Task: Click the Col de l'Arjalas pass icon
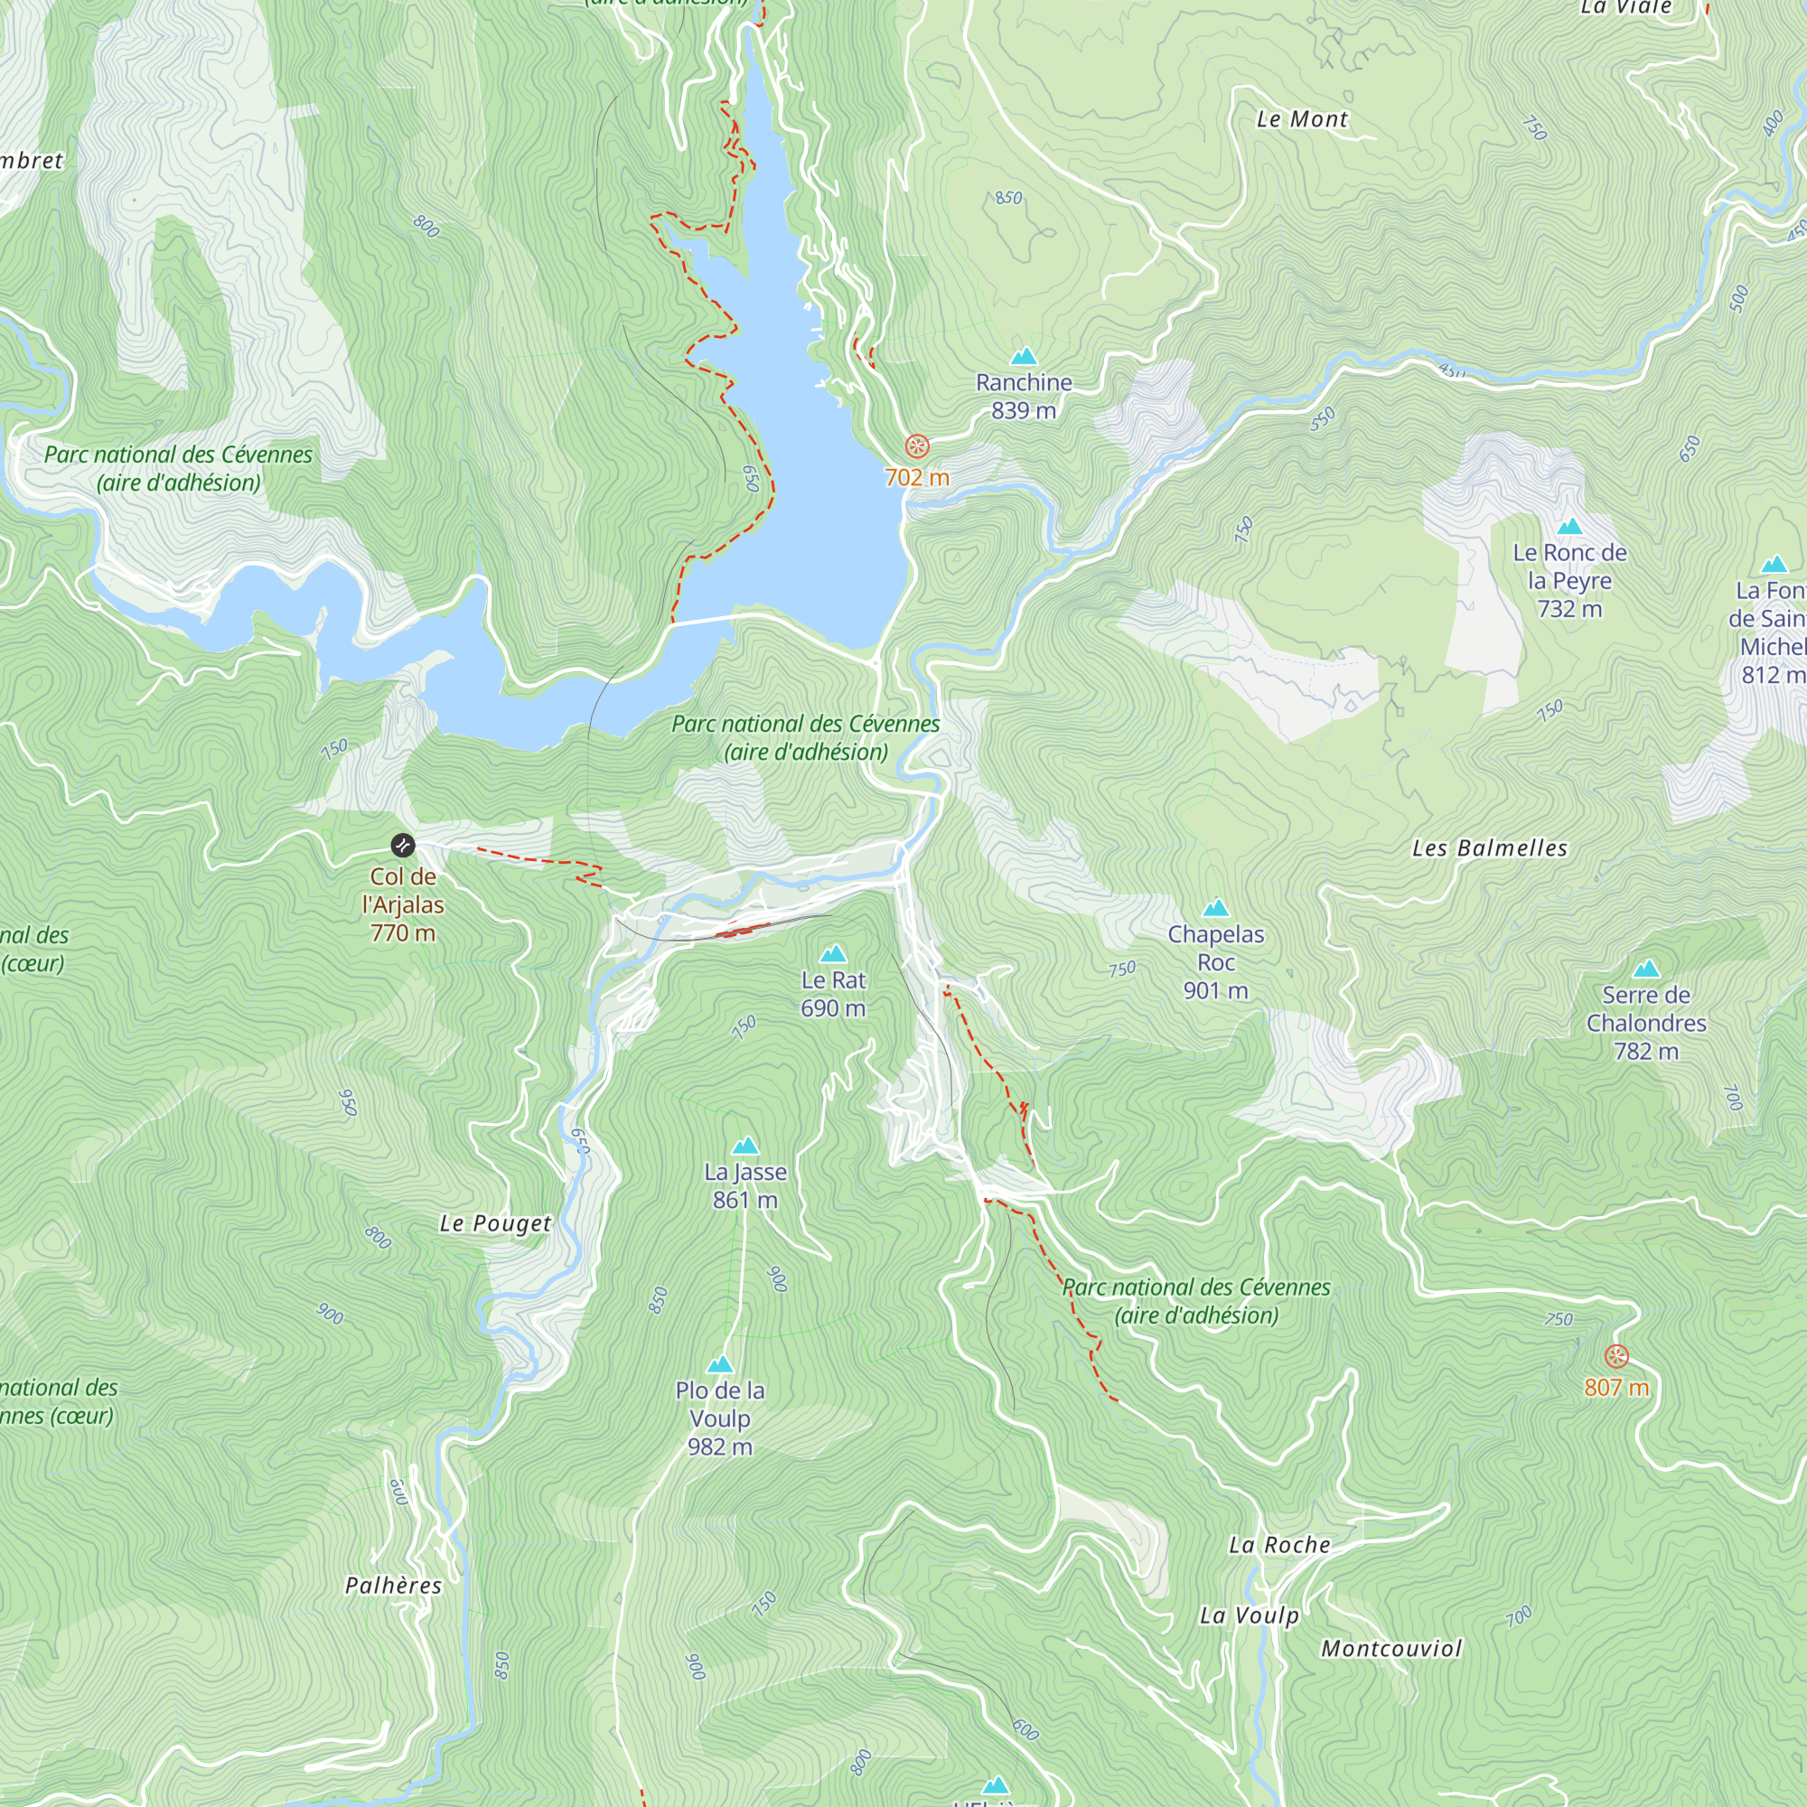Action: click(402, 846)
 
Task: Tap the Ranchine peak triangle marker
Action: click(1025, 356)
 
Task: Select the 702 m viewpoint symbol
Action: click(918, 446)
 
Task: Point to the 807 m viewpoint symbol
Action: click(1616, 1356)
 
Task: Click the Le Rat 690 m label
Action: click(832, 993)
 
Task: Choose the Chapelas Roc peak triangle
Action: click(1215, 907)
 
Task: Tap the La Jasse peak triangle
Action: click(745, 1146)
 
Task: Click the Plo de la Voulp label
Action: click(719, 1418)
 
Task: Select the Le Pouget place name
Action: click(495, 1223)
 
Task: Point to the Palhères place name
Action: click(393, 1586)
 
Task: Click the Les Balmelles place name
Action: click(1489, 848)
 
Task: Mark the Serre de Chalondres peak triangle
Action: click(1646, 969)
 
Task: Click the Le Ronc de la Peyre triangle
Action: click(1569, 527)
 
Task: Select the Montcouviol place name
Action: click(1390, 1649)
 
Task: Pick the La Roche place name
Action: click(1278, 1545)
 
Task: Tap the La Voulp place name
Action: click(1249, 1615)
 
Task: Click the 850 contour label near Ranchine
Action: click(1008, 198)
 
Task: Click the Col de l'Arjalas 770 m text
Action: click(402, 904)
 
